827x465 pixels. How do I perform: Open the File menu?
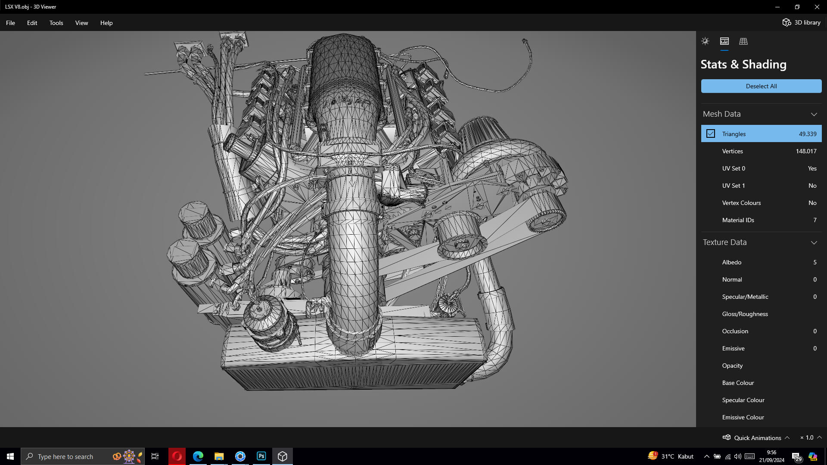tap(10, 23)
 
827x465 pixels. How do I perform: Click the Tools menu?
tap(56, 23)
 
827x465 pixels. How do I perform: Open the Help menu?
tap(106, 23)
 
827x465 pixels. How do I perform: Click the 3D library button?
tap(802, 22)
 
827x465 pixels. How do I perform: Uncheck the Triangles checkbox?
tap(711, 134)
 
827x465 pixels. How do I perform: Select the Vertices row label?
tap(732, 151)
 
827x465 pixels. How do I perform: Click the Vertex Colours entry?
tap(741, 203)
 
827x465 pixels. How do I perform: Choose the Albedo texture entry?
tap(731, 262)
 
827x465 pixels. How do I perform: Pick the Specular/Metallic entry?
tap(745, 297)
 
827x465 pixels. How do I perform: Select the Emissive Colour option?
tap(743, 417)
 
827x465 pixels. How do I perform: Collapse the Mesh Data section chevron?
tap(814, 114)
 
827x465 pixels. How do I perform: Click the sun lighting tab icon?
tap(705, 41)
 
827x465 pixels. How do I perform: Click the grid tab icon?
tap(743, 41)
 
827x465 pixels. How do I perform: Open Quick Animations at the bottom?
tap(757, 437)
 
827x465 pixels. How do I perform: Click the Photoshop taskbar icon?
tap(261, 456)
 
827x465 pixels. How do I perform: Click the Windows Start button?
tap(10, 456)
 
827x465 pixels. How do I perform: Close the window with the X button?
tap(817, 7)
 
